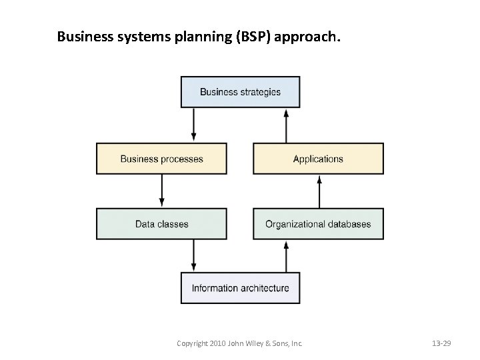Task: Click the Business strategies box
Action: tap(240, 92)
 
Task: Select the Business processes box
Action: tap(161, 159)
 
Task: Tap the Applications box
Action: tap(318, 159)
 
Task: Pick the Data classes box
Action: tap(161, 224)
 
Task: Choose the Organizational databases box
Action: tap(318, 224)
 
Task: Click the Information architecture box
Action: tap(240, 288)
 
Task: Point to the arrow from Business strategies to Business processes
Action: tap(194, 125)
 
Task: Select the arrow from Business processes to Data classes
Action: tap(162, 191)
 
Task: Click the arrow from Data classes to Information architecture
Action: tap(194, 256)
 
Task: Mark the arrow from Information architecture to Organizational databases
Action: tap(286, 256)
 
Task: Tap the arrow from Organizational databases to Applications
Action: tap(319, 191)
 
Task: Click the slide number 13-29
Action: tap(441, 343)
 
